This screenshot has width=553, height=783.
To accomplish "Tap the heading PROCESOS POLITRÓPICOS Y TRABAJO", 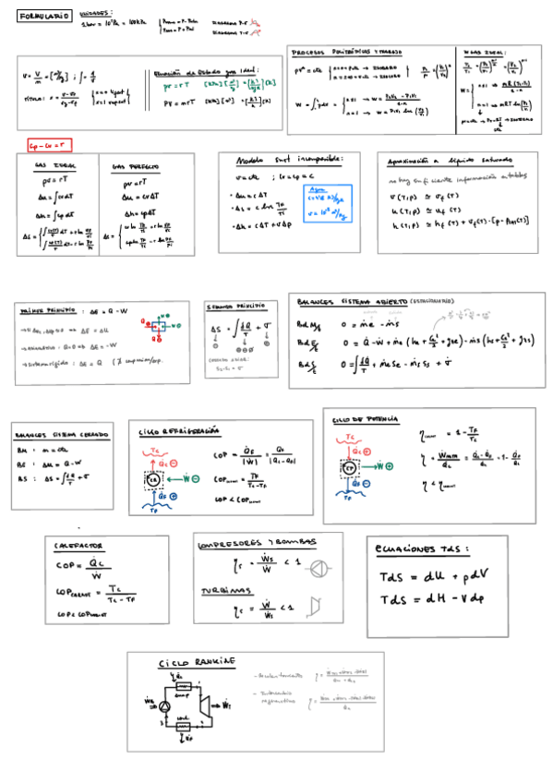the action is (346, 54).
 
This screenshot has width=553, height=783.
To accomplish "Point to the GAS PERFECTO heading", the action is (135, 167).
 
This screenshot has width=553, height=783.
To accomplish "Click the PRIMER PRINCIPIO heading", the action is (50, 311).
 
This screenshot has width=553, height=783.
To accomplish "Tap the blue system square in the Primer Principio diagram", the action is (159, 326).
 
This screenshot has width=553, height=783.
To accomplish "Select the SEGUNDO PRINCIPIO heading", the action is (236, 306).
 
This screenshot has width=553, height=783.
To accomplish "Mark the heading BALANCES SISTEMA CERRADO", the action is (59, 435).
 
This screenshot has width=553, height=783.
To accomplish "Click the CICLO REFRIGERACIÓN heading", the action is (179, 430).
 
